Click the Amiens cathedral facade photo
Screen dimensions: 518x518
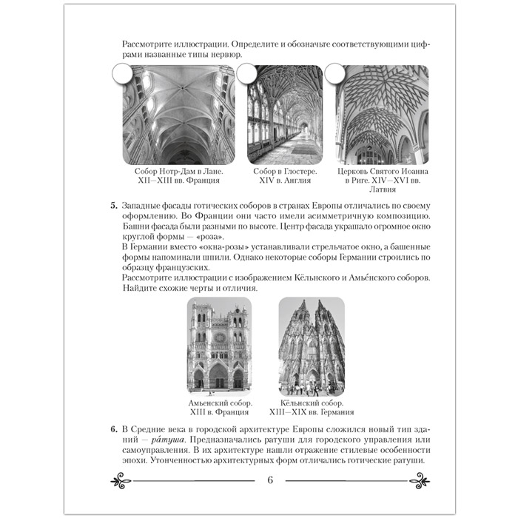point(220,345)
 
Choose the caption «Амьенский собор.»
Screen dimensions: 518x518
point(220,403)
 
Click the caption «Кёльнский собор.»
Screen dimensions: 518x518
point(315,403)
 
